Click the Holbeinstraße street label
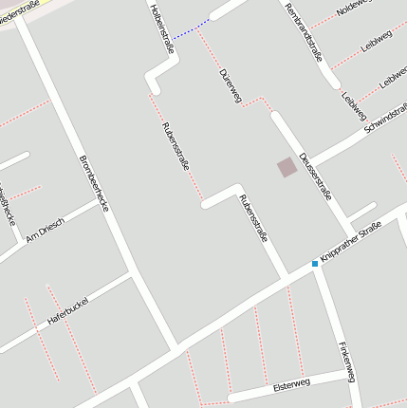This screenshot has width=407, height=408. click(162, 28)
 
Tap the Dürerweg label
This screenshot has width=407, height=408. click(231, 84)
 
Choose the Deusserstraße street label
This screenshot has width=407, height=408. click(314, 176)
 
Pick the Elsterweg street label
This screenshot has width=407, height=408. click(291, 386)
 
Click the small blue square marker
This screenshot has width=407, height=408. click(315, 263)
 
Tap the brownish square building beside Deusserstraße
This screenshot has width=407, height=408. click(287, 167)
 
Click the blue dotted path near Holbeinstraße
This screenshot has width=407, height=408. click(192, 30)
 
